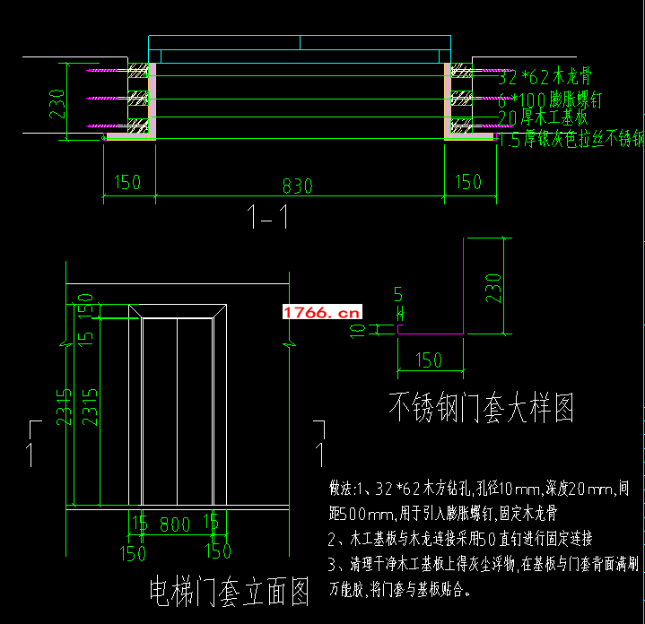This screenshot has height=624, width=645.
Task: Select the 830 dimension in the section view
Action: (x=297, y=186)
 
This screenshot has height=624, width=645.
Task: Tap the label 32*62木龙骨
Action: (x=545, y=78)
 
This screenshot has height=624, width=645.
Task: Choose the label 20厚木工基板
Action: (x=542, y=117)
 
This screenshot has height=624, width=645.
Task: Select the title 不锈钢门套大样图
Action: (x=481, y=409)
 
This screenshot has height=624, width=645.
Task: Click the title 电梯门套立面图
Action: (x=230, y=592)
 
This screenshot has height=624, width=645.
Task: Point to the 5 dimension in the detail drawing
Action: (x=397, y=293)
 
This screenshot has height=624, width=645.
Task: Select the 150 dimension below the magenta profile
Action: (x=430, y=360)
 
